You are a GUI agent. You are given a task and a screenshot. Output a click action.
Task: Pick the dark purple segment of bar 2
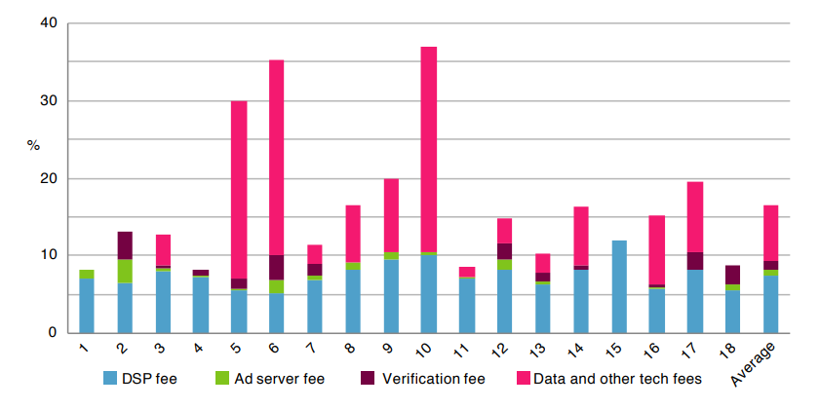(124, 245)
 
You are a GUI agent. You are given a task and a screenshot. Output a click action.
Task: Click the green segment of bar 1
(86, 274)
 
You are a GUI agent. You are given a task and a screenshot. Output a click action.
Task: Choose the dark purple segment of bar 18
(731, 275)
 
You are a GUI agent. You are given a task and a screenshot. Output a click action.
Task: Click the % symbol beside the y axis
(33, 145)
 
